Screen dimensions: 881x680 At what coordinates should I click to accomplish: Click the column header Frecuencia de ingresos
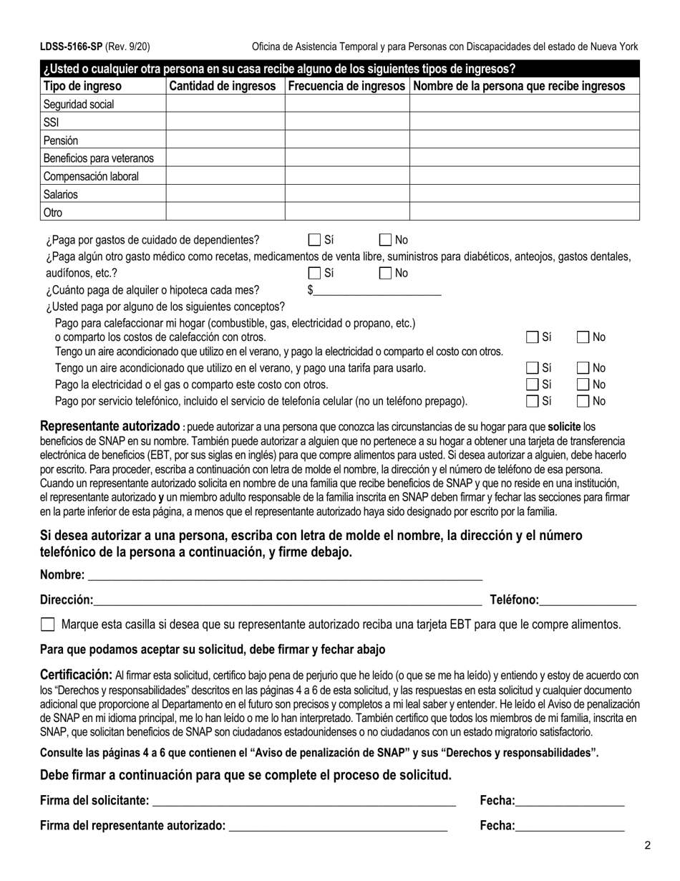[x=347, y=86]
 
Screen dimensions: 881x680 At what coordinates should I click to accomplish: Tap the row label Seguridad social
[x=79, y=105]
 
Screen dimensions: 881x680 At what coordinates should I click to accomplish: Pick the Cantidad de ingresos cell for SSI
[x=225, y=122]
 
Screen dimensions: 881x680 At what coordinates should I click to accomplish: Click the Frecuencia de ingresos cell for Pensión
[x=347, y=140]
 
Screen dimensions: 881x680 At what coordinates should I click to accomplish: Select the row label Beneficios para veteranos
[x=99, y=158]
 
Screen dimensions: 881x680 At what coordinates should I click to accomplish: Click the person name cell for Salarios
[x=524, y=194]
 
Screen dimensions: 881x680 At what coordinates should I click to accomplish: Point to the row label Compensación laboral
[x=91, y=176]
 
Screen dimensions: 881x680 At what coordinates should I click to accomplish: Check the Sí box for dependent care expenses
[x=314, y=241]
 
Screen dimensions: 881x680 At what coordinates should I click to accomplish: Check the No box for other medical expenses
[x=385, y=273]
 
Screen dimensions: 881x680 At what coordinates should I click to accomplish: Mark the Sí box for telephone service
[x=533, y=401]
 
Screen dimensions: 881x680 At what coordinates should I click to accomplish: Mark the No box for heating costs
[x=583, y=337]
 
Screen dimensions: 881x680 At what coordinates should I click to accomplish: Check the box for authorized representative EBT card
[x=48, y=625]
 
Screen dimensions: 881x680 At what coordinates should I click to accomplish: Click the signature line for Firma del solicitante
[x=304, y=800]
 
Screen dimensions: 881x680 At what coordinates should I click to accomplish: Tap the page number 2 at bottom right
[x=647, y=846]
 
